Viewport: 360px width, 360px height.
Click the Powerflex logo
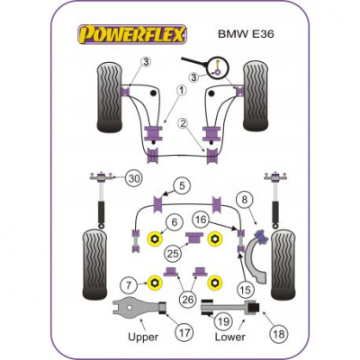click(x=132, y=34)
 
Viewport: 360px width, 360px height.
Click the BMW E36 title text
click(x=246, y=34)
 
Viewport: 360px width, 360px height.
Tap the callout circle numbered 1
click(x=182, y=91)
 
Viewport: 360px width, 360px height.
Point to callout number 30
click(x=133, y=179)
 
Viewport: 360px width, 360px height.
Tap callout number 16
click(x=201, y=220)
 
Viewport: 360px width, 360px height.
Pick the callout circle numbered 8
click(x=245, y=200)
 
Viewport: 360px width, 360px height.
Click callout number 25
click(x=173, y=254)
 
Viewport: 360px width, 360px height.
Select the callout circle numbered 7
click(x=129, y=284)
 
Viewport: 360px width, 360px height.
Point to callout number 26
click(x=187, y=299)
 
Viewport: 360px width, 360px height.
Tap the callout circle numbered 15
click(x=245, y=290)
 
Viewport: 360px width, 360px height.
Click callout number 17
click(x=184, y=332)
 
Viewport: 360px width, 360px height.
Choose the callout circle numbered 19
click(x=224, y=321)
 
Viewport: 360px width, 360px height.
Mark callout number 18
click(x=279, y=334)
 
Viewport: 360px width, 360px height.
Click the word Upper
click(x=143, y=337)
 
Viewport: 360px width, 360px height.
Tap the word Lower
click(x=230, y=337)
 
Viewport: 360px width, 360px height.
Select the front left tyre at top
click(x=110, y=97)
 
